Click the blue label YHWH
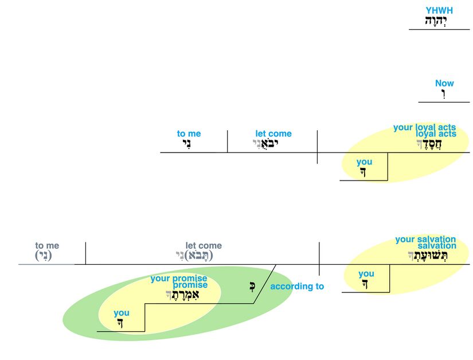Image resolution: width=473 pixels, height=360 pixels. click(x=439, y=10)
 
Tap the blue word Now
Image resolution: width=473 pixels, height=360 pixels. click(x=444, y=83)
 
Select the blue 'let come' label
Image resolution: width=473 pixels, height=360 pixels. click(x=273, y=134)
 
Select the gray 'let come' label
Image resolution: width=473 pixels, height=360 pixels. click(x=204, y=246)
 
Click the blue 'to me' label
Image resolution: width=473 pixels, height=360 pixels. click(x=189, y=134)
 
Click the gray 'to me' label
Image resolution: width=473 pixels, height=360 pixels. click(x=47, y=246)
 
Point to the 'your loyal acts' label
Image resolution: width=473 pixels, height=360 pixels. click(x=424, y=127)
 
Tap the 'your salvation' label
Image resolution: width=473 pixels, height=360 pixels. click(x=425, y=239)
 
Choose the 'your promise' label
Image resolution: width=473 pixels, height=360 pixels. click(x=179, y=279)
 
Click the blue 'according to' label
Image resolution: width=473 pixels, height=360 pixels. click(x=297, y=286)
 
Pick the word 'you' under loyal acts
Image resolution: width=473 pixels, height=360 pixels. click(x=364, y=162)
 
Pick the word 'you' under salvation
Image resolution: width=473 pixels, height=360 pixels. click(x=366, y=274)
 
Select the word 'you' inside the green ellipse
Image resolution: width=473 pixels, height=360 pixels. click(x=122, y=313)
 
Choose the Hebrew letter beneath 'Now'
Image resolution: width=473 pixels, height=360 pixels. click(x=443, y=94)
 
